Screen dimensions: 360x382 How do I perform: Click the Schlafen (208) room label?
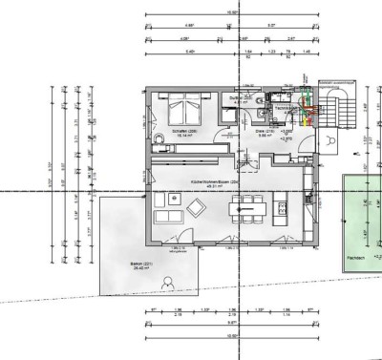(x=183, y=131)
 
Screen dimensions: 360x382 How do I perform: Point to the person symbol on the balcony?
(x=168, y=283)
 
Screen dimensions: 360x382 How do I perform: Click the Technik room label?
(x=284, y=109)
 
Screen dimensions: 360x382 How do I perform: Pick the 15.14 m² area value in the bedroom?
(x=183, y=137)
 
